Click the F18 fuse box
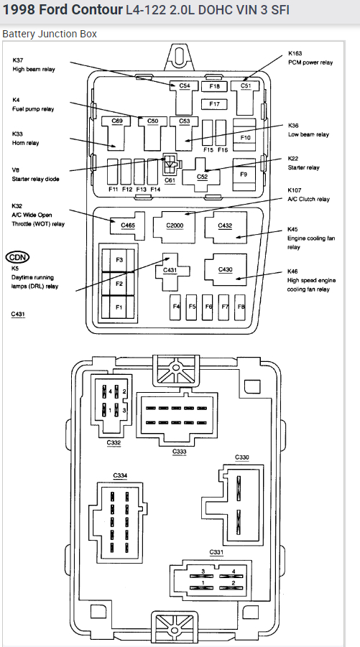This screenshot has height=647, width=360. (x=214, y=86)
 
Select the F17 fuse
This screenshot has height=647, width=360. (x=214, y=104)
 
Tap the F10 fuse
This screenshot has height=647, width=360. (x=245, y=135)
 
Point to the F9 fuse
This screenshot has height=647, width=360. (x=244, y=174)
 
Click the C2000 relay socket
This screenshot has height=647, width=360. (x=175, y=225)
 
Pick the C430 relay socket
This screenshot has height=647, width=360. (x=226, y=269)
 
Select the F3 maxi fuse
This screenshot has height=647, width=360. (x=119, y=260)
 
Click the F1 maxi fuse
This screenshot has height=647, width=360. (x=119, y=307)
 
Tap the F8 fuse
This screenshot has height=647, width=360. (x=240, y=307)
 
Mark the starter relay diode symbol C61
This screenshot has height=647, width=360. (x=170, y=164)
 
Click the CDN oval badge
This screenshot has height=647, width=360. (x=18, y=257)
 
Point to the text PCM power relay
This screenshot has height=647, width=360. (x=310, y=62)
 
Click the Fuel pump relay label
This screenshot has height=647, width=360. (x=33, y=109)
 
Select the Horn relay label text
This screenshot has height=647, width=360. (x=26, y=143)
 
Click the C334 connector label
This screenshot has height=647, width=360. (x=120, y=475)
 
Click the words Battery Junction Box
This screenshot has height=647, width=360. (x=50, y=34)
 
